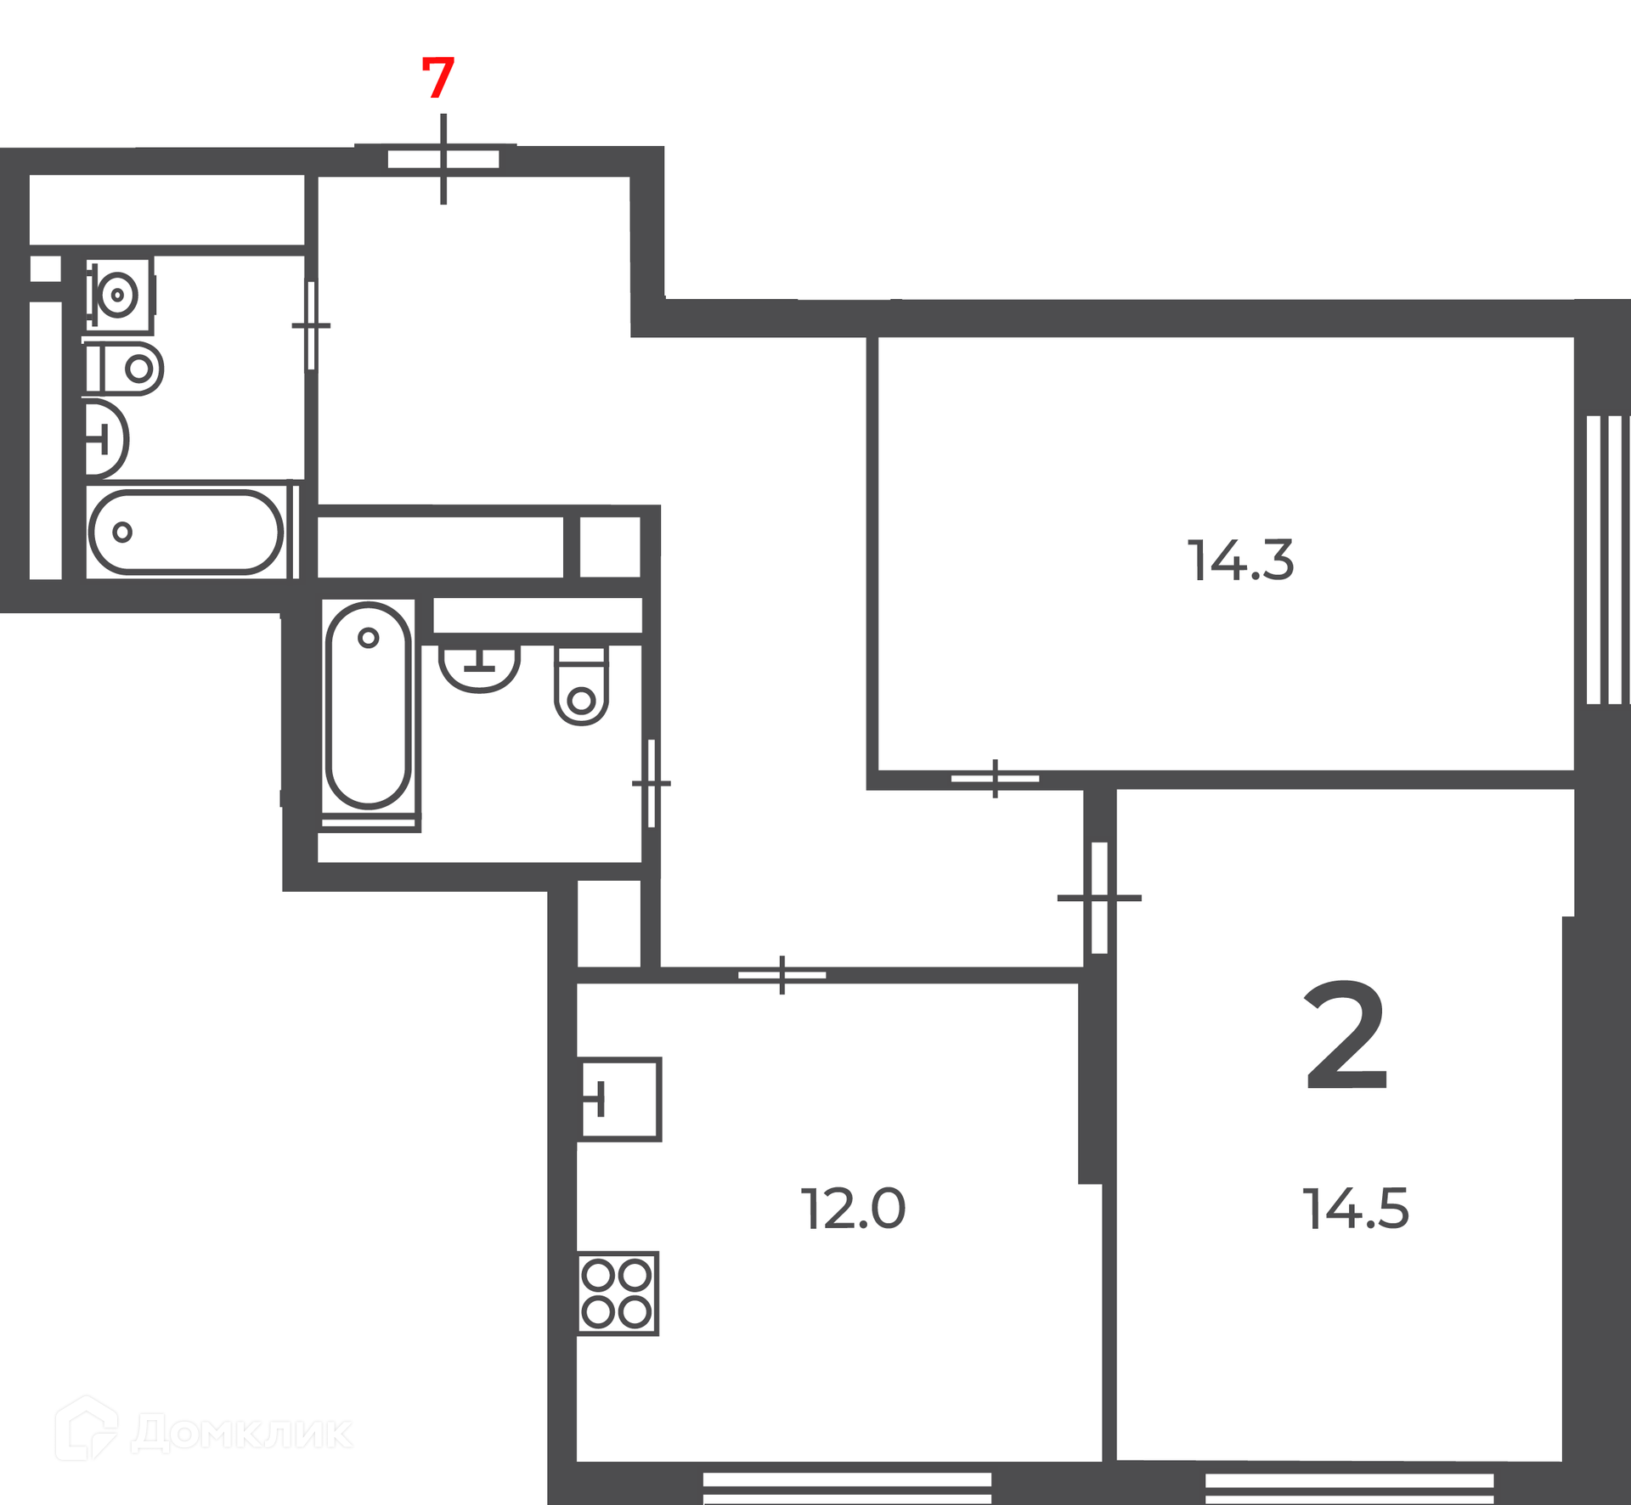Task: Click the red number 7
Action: coord(438,77)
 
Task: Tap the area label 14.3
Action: coord(1241,561)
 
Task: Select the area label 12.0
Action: coord(854,1209)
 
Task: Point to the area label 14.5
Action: coord(1356,1209)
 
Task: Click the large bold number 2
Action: coord(1346,1036)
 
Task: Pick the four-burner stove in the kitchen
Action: coord(618,1294)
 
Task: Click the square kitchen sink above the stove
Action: coord(620,1099)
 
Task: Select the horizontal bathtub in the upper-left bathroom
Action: coord(186,533)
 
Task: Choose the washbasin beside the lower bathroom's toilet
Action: coord(479,668)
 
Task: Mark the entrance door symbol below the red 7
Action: coord(443,159)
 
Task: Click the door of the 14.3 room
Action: coord(995,778)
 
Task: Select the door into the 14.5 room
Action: coord(1099,897)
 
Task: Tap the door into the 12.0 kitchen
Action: coord(782,975)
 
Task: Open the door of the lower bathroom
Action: coord(652,783)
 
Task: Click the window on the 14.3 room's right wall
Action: coord(1605,560)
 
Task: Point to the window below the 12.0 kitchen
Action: coord(847,1489)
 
